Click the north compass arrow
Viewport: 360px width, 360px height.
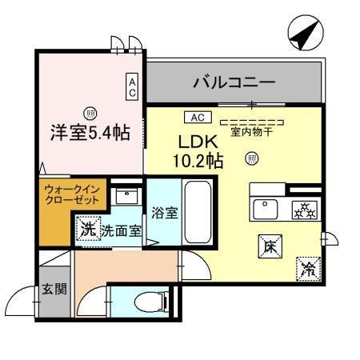[302, 37]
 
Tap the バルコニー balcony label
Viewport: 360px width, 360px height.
[234, 82]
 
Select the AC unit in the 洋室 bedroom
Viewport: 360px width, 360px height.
[132, 86]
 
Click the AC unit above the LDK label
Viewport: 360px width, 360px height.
[198, 118]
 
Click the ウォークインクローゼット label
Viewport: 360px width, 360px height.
[72, 195]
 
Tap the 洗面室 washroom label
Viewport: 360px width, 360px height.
[121, 230]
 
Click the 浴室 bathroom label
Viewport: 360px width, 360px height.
[165, 214]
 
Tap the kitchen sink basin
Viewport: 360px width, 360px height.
[265, 209]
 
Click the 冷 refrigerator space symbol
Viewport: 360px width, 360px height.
[306, 267]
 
